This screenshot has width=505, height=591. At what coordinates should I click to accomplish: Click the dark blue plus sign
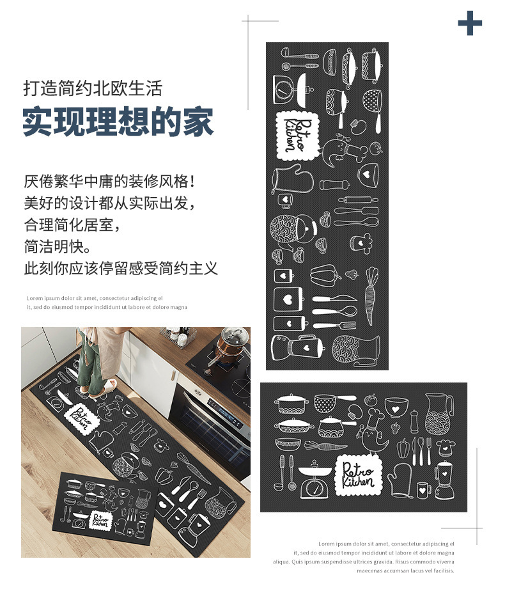[x=470, y=24]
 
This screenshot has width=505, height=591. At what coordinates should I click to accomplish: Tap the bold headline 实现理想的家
[x=118, y=121]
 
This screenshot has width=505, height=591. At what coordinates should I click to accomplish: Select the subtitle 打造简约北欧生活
[x=93, y=88]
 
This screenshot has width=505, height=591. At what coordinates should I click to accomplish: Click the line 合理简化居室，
[x=72, y=225]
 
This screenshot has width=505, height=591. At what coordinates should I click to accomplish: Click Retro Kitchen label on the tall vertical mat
[x=297, y=136]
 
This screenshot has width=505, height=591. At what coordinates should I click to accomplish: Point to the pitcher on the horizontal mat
[x=439, y=414]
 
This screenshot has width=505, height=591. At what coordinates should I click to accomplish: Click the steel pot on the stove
[x=232, y=343]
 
